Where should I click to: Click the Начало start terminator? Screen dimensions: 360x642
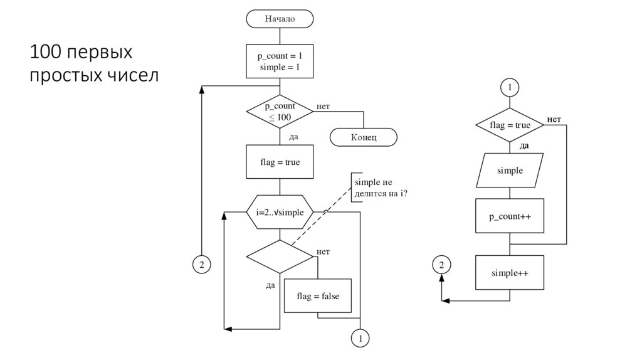[x=280, y=19]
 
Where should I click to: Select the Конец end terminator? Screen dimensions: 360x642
[x=364, y=137]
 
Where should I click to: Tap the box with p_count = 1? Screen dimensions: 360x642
[x=280, y=61]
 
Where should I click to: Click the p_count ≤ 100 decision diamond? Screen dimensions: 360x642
[x=280, y=112]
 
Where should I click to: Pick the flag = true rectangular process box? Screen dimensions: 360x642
[x=280, y=162]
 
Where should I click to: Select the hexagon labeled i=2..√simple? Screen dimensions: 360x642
[x=280, y=212]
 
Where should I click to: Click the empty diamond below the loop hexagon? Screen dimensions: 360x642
[x=280, y=256]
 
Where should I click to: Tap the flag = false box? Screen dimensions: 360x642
[x=318, y=295]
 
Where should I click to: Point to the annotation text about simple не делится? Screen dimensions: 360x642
[x=381, y=188]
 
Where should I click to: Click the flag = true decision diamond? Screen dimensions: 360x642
[x=510, y=125]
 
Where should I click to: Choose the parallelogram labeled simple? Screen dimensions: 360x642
[x=510, y=171]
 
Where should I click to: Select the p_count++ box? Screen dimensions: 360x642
[x=510, y=216]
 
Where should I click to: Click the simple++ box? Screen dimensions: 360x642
[x=510, y=273]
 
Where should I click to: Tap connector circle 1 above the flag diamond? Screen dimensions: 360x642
[x=510, y=87]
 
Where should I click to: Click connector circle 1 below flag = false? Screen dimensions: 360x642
[x=360, y=339]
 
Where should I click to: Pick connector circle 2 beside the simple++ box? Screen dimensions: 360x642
[x=441, y=265]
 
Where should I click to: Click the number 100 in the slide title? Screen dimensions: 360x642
[x=45, y=51]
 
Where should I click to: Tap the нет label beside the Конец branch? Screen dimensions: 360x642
[x=323, y=107]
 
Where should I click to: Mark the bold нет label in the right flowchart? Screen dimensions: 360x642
[x=554, y=119]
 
